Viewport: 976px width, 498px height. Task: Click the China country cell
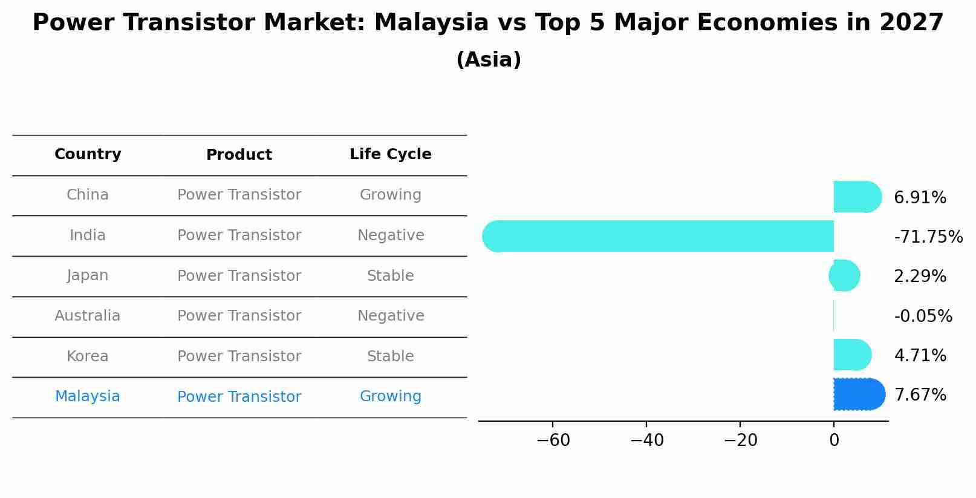tap(88, 195)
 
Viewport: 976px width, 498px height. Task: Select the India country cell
tap(88, 235)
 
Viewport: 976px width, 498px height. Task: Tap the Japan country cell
tap(88, 275)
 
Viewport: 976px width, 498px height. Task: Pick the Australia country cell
tap(88, 316)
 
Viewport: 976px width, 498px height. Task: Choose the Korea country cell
tap(88, 356)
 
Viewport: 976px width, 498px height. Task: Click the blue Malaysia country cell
tap(88, 396)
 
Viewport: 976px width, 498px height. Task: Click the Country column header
tap(88, 154)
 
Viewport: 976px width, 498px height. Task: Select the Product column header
tap(239, 155)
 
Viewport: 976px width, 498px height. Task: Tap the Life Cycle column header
tap(391, 154)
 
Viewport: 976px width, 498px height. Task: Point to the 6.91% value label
tap(920, 198)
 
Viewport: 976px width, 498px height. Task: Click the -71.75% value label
tap(928, 237)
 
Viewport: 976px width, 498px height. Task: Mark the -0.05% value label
tap(923, 316)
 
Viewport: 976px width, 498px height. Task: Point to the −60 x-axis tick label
tap(553, 441)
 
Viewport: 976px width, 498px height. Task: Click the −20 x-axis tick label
tap(740, 441)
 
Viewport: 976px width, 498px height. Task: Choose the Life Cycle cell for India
tap(391, 235)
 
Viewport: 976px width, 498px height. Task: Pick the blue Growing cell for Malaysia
tap(391, 396)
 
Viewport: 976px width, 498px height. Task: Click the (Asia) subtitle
tap(488, 60)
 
